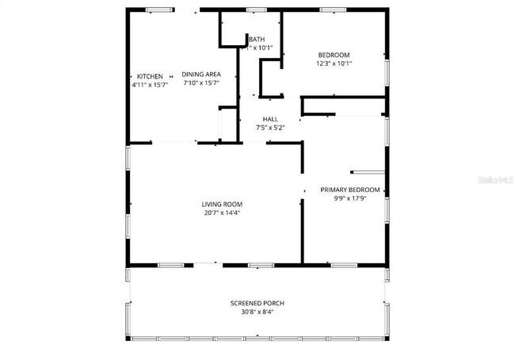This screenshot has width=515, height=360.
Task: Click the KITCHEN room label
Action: (x=150, y=75)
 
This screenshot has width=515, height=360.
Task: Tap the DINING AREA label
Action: (x=201, y=74)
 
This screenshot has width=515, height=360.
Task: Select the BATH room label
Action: (x=257, y=39)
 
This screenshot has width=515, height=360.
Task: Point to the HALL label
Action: (x=269, y=119)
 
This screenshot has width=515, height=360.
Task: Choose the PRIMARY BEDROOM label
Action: (x=349, y=190)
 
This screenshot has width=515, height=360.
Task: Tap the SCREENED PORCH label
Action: (x=257, y=303)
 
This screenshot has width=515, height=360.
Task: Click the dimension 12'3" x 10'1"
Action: (x=334, y=63)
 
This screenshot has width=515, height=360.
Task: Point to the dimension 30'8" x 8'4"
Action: (x=257, y=312)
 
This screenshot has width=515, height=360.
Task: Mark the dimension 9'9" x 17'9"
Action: (x=349, y=198)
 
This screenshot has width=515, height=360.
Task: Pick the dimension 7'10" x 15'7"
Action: (x=201, y=82)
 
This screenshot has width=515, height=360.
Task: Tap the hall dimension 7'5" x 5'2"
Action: (x=269, y=128)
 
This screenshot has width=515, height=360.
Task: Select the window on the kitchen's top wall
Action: (x=159, y=10)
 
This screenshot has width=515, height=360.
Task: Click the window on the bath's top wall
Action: (x=255, y=10)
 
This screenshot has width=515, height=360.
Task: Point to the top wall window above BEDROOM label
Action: (x=333, y=10)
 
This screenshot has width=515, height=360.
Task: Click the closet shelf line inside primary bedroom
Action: (x=366, y=171)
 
